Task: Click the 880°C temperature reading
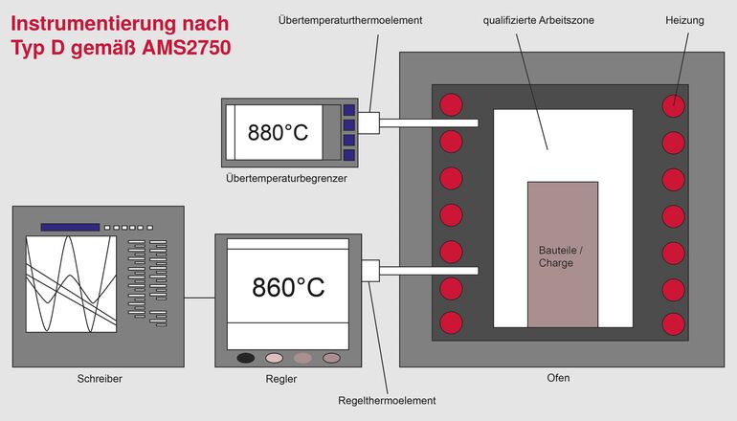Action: (x=279, y=133)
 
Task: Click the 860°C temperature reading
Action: (x=288, y=286)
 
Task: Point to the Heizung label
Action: (x=684, y=19)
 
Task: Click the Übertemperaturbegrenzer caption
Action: (x=286, y=179)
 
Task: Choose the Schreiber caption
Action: (x=100, y=379)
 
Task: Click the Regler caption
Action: (x=282, y=379)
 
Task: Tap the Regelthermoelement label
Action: (x=387, y=400)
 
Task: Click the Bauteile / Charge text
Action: (x=560, y=256)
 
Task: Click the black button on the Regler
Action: (x=246, y=358)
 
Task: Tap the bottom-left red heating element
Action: (x=450, y=321)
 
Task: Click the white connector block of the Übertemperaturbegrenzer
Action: (x=368, y=122)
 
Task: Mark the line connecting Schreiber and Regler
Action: (x=199, y=298)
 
